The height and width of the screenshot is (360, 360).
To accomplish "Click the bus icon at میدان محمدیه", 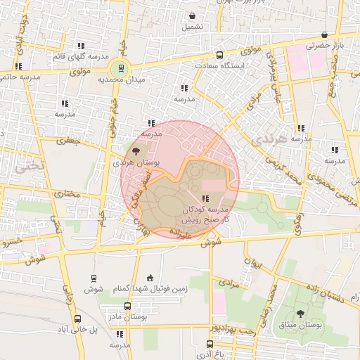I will tap(121, 68).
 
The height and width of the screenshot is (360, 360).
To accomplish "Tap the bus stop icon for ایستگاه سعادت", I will tap(219, 55).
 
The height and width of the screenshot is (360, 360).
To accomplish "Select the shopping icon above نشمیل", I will tap(193, 15).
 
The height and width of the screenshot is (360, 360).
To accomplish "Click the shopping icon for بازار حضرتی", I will tap(324, 34).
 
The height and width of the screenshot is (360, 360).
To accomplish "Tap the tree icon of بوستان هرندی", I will tap(136, 150).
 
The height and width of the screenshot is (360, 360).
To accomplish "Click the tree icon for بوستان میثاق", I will tap(301, 314).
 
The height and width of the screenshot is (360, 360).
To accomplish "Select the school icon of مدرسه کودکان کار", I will tap(205, 199).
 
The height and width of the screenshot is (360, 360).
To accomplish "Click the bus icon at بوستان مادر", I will tap(127, 307).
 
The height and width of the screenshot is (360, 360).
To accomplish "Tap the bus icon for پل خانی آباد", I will tap(76, 319).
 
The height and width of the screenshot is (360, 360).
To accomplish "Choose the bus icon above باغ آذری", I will tap(210, 344).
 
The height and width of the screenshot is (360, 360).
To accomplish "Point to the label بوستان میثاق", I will tap(301, 326).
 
